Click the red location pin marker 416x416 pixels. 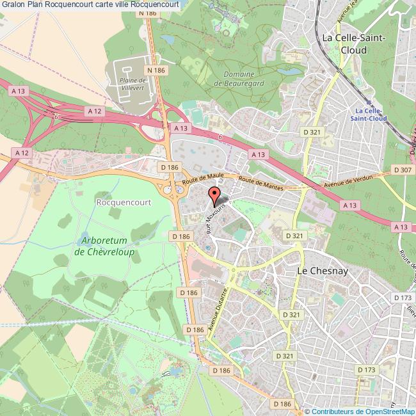[x=215, y=193]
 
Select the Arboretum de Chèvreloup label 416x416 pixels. [x=107, y=246]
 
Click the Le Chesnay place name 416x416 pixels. [x=322, y=271]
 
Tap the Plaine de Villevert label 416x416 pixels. [x=133, y=88]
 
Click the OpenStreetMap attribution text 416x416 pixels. [x=359, y=411]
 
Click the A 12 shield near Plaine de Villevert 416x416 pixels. [x=95, y=111]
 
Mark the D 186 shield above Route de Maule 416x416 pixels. [x=170, y=167]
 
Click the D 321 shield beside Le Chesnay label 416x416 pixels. [x=294, y=236]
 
